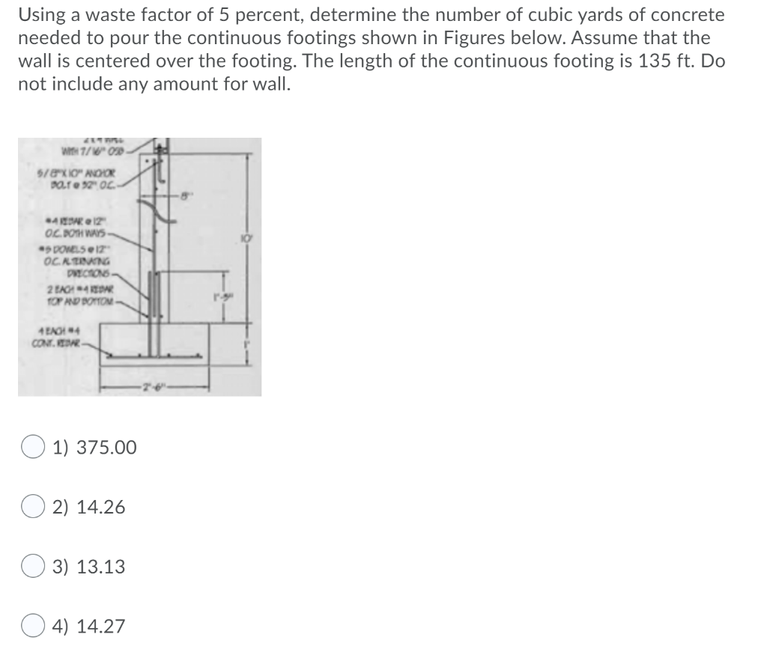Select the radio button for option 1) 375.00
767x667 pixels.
[x=32, y=448]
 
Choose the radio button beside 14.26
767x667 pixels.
[x=32, y=508]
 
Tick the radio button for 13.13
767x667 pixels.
[x=32, y=567]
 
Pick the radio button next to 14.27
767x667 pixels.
[x=32, y=626]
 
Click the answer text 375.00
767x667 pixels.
[x=105, y=448]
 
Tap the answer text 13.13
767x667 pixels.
[x=100, y=567]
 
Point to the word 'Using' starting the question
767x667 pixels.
[x=42, y=14]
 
